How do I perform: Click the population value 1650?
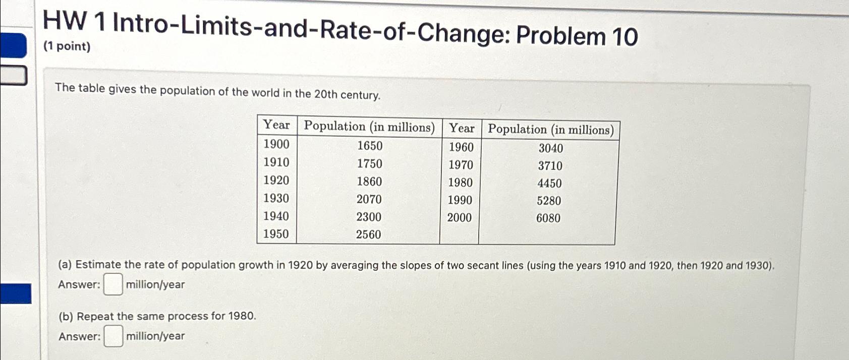[x=370, y=146]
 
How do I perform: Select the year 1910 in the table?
[x=276, y=162]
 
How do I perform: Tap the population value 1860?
[x=369, y=182]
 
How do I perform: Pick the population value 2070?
[x=369, y=199]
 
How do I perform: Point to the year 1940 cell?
[x=276, y=216]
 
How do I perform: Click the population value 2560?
[x=368, y=234]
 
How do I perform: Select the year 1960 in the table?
[x=461, y=147]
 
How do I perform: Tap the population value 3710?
[x=550, y=166]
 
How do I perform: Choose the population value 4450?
[x=549, y=184]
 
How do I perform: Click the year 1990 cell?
[x=460, y=200]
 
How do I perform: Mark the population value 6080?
[x=548, y=218]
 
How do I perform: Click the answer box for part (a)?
[x=113, y=284]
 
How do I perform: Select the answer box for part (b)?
[x=113, y=336]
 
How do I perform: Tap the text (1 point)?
[x=67, y=46]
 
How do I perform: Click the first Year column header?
[x=276, y=125]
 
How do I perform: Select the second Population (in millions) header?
[x=550, y=130]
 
